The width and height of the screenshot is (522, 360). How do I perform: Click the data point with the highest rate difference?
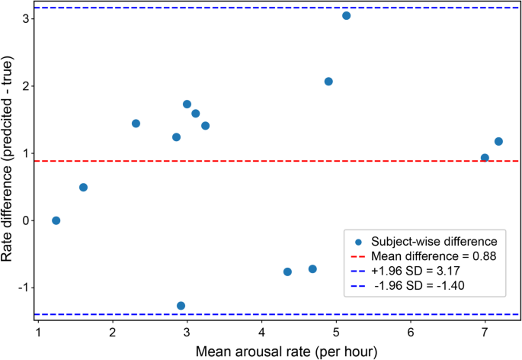pos(347,16)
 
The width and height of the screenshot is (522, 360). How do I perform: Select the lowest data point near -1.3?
pos(181,306)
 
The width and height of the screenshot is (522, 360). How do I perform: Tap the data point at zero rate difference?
pos(56,220)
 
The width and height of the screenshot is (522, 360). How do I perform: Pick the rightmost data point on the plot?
pos(499,141)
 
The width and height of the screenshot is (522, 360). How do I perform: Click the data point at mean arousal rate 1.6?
pos(83,188)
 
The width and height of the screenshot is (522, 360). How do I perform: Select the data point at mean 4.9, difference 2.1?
pos(328,82)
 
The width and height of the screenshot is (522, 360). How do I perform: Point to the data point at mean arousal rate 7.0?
pos(485,158)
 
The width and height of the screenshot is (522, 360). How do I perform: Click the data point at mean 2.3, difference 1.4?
pos(136,124)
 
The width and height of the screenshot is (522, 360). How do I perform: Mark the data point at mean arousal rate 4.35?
pos(287,272)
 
